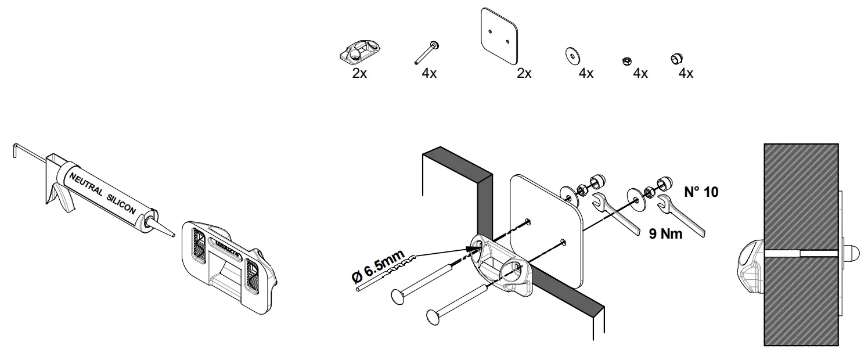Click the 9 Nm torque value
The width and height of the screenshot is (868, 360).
pyautogui.click(x=665, y=233)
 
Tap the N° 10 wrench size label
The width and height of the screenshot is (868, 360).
pyautogui.click(x=700, y=192)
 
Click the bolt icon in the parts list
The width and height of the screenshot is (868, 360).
pyautogui.click(x=426, y=53)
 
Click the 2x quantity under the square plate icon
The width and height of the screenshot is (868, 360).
pyautogui.click(x=524, y=74)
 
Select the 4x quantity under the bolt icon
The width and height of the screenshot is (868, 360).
pyautogui.click(x=430, y=74)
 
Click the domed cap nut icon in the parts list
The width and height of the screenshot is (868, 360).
pyautogui.click(x=676, y=58)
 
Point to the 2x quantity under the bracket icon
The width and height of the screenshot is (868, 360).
pyautogui.click(x=359, y=74)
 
